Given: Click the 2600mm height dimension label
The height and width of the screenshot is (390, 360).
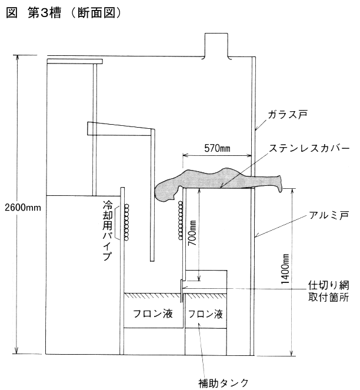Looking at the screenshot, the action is coord(23,208).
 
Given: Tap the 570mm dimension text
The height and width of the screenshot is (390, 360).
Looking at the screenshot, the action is coord(217,148).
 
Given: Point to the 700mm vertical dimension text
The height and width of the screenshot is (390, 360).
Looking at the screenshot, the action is coord(192,233).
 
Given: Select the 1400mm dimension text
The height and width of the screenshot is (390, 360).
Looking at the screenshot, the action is coord(285,269).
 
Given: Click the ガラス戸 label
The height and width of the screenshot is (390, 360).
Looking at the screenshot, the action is coord(288,115).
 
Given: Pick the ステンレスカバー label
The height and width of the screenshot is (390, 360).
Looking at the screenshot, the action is coord(309,148).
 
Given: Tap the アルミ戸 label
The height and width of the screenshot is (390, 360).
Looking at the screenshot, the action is coord(329,215).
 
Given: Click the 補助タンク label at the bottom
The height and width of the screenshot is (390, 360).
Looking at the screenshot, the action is coord(224,383).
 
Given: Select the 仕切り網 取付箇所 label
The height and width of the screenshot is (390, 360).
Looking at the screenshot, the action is coord(328,291).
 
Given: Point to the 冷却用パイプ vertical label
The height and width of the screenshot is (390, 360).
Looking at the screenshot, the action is coord(108,231).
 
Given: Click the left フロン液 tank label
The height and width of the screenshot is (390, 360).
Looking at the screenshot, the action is coord(153,314).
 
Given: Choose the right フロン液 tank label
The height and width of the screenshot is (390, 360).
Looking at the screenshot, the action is coord(205,314).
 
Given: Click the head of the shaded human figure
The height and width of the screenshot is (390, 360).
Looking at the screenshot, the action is coord(165,191).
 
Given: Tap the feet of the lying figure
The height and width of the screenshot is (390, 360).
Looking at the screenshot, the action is coord(279,184).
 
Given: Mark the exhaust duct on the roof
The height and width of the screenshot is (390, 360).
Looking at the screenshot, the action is coord(216,46).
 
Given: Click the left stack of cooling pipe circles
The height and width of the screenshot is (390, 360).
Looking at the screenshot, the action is coord(126,222).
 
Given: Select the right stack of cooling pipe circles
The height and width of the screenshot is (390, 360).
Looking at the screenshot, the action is coord(181,221).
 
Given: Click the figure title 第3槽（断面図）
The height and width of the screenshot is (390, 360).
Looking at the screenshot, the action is coord(64,13).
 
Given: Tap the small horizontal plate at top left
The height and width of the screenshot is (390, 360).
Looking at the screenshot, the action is coord(75,61).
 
